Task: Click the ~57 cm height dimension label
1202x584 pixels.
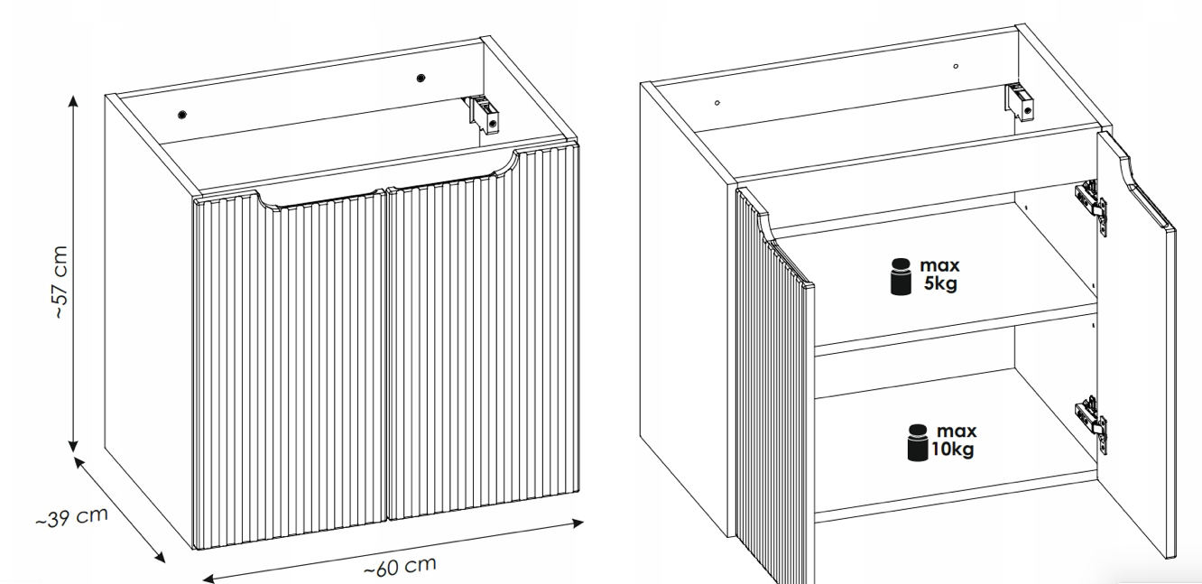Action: tap(61, 283)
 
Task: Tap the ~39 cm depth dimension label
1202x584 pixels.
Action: tap(72, 517)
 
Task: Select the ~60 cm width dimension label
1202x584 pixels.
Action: tap(401, 566)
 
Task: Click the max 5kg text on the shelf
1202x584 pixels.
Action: tap(939, 273)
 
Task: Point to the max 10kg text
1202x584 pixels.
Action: tap(954, 440)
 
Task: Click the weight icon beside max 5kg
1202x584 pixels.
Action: tap(901, 276)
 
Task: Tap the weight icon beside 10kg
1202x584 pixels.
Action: tap(918, 442)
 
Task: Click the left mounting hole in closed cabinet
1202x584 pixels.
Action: tap(182, 115)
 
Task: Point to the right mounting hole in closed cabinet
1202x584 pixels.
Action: tap(421, 78)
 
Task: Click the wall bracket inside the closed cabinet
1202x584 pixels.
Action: tap(484, 114)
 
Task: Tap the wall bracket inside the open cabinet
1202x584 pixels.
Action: tap(1019, 102)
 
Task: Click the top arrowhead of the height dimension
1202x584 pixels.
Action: tap(73, 100)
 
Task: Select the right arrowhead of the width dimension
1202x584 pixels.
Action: tap(578, 523)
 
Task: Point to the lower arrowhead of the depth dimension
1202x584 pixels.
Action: tap(160, 557)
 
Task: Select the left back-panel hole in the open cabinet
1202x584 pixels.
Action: tap(717, 103)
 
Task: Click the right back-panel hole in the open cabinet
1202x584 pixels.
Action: tap(956, 67)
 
